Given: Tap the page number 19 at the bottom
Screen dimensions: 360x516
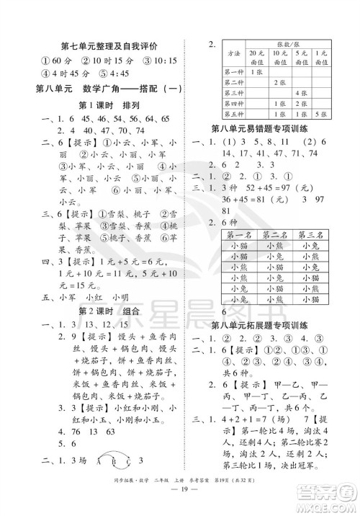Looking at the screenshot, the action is click(180, 504).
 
